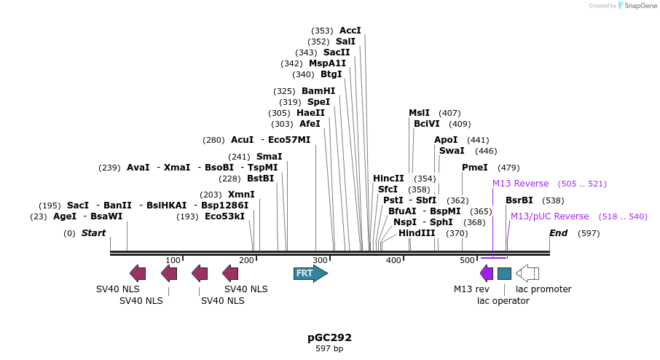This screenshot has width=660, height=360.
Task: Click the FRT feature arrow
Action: coord(310,273)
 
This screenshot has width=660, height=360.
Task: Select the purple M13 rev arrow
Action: coord(486,273)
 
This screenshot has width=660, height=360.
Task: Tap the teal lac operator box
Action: coord(504,273)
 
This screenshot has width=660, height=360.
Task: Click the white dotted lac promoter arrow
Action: coord(527,273)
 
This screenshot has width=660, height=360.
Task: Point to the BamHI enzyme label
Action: coord(318,91)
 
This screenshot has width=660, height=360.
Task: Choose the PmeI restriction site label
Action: coord(475,168)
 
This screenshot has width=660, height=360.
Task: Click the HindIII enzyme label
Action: coord(417,233)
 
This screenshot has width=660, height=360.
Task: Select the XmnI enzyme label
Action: coord(241,195)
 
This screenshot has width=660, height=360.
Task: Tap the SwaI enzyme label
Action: coord(452,151)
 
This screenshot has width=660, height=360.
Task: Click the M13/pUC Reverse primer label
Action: coord(549,216)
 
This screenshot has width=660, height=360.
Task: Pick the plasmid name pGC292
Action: coord(329,337)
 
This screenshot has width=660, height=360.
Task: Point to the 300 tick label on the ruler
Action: coord(320,261)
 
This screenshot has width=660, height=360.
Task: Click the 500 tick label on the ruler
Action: coord(467,261)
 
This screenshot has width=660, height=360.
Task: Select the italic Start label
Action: coord(93,233)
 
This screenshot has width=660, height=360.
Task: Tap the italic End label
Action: coord(558,233)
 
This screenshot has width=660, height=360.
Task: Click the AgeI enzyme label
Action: coord(65,216)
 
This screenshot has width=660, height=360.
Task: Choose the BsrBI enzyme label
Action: coord(519,200)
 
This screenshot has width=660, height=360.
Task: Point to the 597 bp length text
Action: coord(329,349)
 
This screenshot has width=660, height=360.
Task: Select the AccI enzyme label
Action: coord(350,31)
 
